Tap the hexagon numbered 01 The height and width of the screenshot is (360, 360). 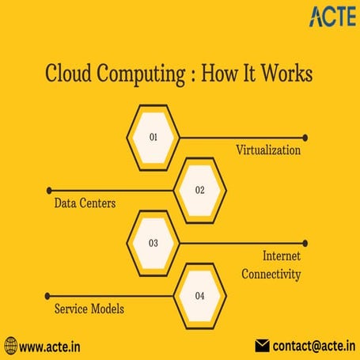coord(153,137)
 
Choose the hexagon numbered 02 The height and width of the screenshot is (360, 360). coord(199,190)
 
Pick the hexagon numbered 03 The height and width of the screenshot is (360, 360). coord(153,243)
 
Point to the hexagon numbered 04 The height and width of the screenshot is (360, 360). coord(199,296)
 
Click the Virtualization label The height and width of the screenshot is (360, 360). coord(268,150)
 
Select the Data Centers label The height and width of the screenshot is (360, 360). coord(85,203)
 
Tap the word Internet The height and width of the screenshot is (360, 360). coord(282,256)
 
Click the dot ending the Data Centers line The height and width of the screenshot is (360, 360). coord(49,190)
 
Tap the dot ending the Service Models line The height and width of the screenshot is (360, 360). coord(49,296)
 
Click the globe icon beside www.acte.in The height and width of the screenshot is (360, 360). coord(9,346)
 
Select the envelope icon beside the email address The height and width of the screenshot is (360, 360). coord(263,346)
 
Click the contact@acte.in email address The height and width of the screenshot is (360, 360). coord(313,346)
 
